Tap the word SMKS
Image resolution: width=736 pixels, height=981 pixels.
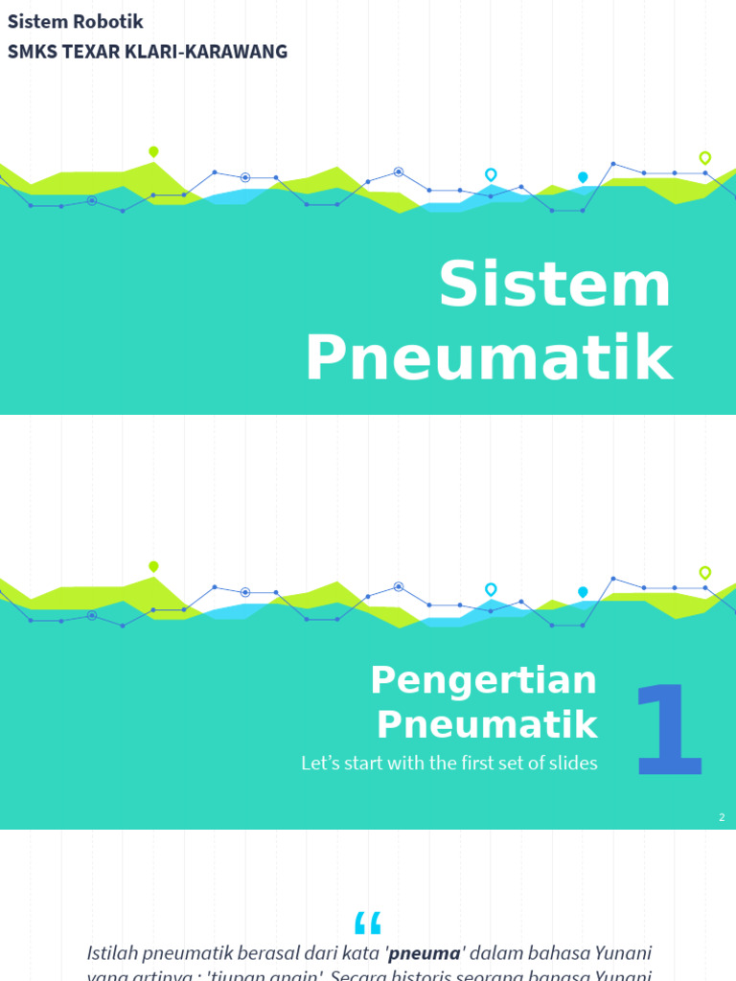(31, 52)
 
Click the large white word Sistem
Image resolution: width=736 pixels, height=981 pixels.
(555, 285)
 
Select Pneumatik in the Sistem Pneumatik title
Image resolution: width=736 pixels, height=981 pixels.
(489, 358)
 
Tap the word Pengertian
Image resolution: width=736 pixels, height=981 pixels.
(483, 680)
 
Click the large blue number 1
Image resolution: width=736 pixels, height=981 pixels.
(669, 730)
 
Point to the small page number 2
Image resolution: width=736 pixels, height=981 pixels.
(722, 817)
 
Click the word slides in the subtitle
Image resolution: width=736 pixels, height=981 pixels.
(571, 764)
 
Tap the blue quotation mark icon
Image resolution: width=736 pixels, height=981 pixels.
(367, 923)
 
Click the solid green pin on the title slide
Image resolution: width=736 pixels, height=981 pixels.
(153, 151)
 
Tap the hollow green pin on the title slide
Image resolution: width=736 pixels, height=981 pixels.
(705, 157)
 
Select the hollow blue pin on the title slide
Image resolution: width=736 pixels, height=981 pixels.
(491, 174)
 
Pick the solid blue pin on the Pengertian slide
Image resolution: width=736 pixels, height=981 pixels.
(583, 592)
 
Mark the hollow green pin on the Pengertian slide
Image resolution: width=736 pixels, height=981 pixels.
(705, 572)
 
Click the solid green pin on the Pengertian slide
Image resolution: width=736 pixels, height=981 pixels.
(153, 566)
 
